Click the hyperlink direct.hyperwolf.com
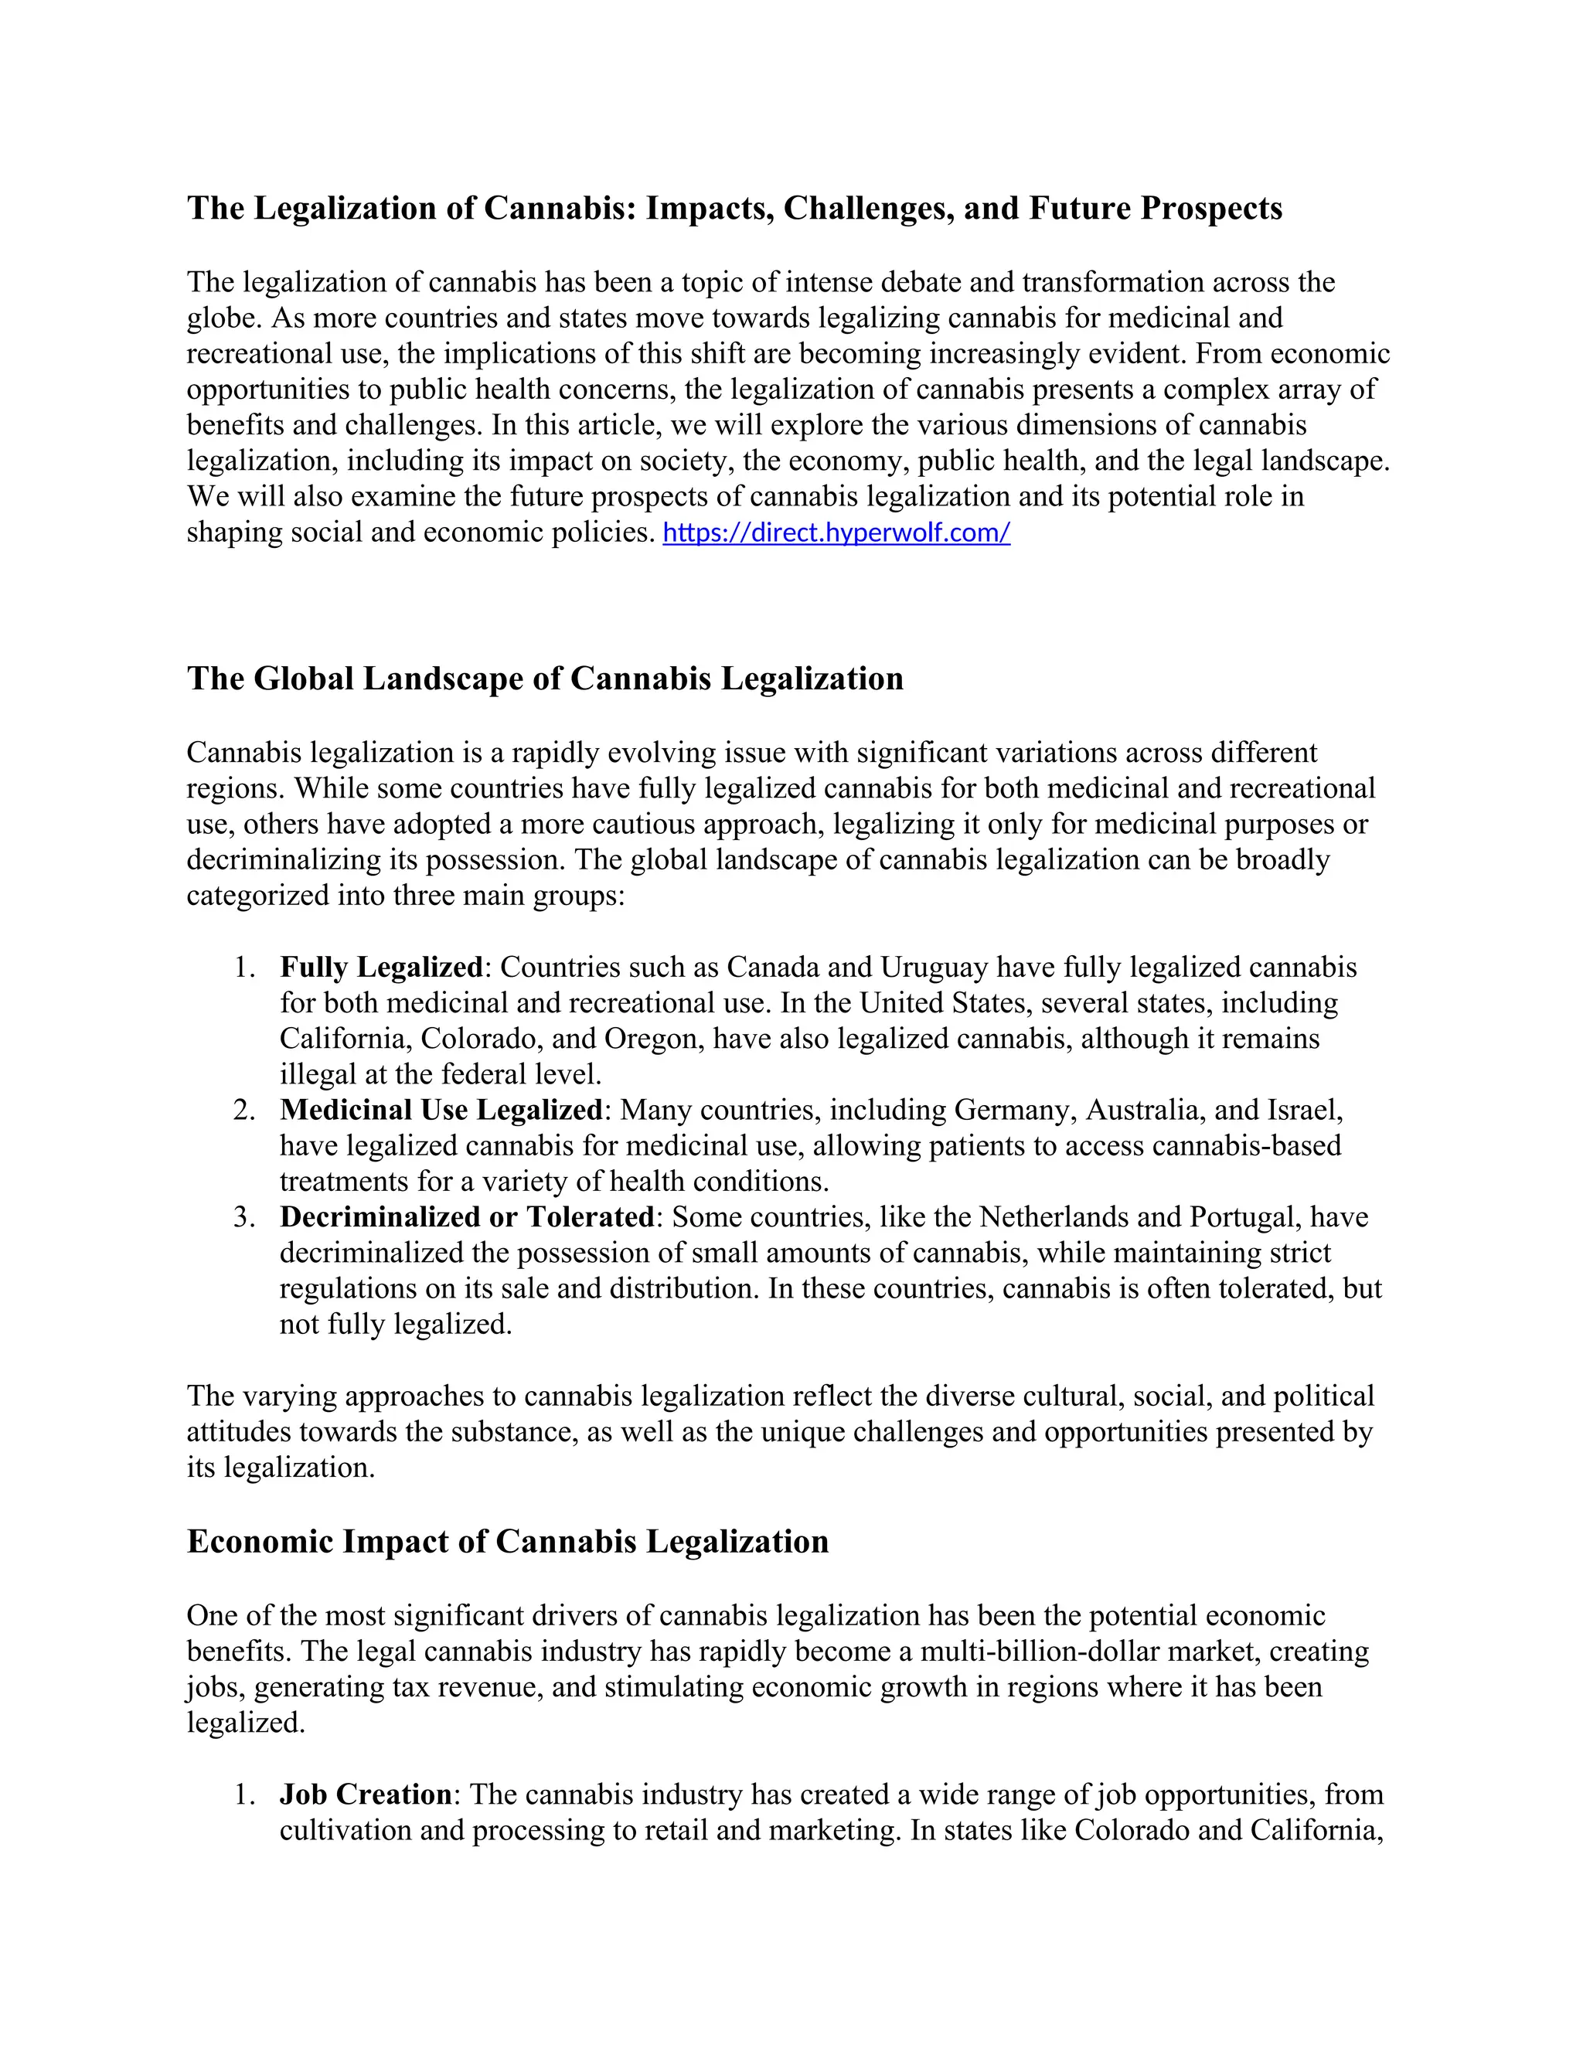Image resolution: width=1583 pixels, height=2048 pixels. (836, 533)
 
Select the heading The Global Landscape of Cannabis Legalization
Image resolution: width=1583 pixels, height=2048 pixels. (545, 679)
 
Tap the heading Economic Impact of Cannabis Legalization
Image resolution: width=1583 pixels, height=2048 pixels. (507, 1542)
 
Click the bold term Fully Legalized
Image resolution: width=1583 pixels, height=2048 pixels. (381, 967)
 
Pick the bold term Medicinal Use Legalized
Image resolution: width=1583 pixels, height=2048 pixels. (441, 1111)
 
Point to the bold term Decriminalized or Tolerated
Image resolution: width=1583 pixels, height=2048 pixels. (467, 1217)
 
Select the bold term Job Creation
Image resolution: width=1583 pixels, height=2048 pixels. (366, 1795)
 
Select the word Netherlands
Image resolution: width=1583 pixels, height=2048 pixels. (1054, 1217)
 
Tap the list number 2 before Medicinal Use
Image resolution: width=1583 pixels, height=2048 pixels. (243, 1111)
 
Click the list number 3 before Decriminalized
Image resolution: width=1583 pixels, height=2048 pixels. (243, 1217)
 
